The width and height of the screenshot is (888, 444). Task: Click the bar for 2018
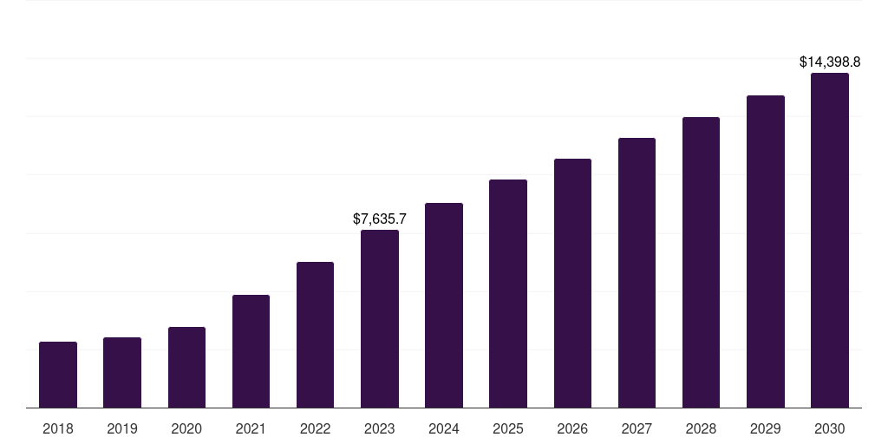tap(58, 375)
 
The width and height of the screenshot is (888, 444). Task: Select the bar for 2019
tap(122, 373)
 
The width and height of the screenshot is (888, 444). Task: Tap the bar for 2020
tap(186, 368)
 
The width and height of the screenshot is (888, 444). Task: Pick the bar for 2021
tap(251, 351)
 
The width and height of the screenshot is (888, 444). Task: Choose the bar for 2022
tap(315, 335)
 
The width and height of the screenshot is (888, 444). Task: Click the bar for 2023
tap(380, 319)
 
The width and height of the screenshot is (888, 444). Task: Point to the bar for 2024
tap(444, 305)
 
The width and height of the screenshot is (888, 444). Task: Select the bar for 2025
tap(508, 294)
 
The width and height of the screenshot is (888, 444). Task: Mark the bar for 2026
tap(572, 284)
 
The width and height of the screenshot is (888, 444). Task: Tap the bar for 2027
tap(637, 273)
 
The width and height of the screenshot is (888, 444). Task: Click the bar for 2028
tap(701, 263)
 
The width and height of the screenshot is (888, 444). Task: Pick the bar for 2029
tap(766, 251)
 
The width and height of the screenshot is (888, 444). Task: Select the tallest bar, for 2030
tap(830, 240)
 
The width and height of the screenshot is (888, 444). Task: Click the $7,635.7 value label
tap(380, 219)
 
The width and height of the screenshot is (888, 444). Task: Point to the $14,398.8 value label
tap(830, 62)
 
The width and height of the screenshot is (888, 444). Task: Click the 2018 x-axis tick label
tap(58, 428)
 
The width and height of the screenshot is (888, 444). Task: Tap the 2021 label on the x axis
tap(251, 428)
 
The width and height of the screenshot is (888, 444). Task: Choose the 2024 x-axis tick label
tap(444, 428)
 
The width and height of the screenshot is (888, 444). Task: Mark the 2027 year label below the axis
tap(637, 428)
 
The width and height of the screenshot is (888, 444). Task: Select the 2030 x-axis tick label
tap(830, 428)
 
